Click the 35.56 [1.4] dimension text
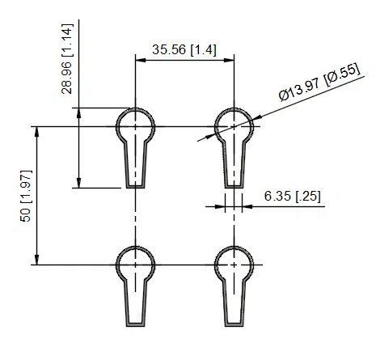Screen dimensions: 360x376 click(184, 49)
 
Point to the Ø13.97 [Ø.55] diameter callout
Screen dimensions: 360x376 click(319, 85)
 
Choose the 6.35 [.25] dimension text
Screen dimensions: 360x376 click(290, 195)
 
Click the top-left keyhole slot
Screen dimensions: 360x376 click(135, 146)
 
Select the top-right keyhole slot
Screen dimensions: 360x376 click(234, 146)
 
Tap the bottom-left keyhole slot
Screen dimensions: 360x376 click(135, 284)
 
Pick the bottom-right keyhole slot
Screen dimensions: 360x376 click(234, 284)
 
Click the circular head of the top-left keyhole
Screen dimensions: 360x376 click(135, 125)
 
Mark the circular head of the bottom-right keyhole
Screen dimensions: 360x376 click(234, 264)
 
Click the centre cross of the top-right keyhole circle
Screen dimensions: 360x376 click(234, 126)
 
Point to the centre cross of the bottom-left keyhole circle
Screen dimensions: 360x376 click(135, 265)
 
